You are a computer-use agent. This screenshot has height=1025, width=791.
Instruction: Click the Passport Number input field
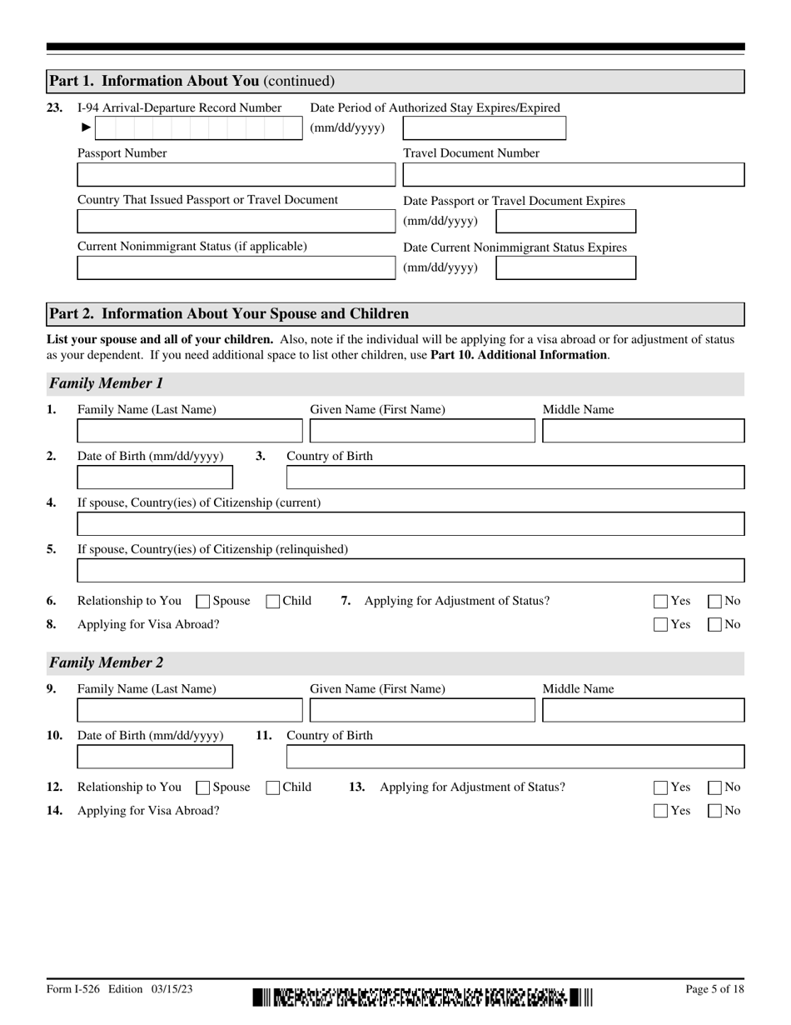[236, 175]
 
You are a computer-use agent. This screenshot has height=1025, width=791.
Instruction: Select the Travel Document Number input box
[573, 175]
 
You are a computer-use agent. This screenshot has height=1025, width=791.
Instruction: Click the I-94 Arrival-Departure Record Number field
[200, 127]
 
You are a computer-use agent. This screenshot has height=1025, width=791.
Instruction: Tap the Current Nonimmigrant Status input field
[236, 268]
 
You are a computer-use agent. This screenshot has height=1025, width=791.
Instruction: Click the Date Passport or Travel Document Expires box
[565, 222]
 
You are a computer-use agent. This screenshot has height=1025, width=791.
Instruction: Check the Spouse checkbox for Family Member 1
[202, 602]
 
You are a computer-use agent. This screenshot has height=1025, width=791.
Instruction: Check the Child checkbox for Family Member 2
[273, 787]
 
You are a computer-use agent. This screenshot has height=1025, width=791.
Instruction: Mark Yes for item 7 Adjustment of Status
[661, 602]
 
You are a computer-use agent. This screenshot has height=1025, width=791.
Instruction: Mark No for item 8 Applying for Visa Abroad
[715, 625]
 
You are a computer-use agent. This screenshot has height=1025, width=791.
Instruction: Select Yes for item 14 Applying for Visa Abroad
[661, 811]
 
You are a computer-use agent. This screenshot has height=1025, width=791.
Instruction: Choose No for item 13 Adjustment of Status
[715, 787]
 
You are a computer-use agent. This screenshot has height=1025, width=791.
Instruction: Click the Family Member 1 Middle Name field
[643, 431]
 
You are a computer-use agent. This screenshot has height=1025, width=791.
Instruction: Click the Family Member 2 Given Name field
[422, 710]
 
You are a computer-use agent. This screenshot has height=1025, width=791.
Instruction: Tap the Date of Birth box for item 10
[155, 757]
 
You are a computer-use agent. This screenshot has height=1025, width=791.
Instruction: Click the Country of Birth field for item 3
[515, 477]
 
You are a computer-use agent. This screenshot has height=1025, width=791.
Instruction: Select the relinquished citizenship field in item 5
[410, 571]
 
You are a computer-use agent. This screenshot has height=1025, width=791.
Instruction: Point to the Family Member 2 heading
[107, 663]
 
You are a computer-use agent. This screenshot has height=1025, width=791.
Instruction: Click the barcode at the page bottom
[422, 997]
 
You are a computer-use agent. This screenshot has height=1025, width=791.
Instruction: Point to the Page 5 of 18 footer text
[714, 989]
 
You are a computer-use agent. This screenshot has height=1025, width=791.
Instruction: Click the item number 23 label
[54, 107]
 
